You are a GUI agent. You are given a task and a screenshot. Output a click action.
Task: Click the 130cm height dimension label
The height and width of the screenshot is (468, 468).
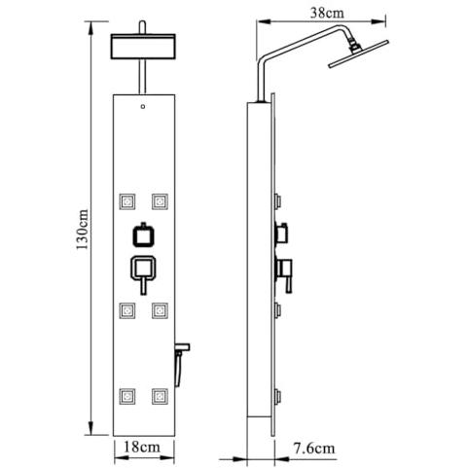click(83, 230)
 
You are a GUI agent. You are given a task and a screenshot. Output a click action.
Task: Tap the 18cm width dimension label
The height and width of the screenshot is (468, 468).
click(142, 448)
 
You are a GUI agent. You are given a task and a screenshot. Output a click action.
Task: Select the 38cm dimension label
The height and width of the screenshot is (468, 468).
click(327, 13)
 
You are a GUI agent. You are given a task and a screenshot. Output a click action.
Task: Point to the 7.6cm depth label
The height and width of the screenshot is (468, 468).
click(314, 449)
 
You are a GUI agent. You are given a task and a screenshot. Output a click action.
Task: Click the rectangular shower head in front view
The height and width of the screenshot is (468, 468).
click(143, 47)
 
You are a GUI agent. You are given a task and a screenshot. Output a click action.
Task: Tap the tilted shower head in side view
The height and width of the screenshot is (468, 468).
click(358, 54)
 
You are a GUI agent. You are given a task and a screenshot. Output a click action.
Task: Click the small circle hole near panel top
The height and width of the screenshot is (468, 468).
click(143, 106)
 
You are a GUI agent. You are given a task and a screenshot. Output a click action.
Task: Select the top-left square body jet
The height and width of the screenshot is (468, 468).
click(127, 201)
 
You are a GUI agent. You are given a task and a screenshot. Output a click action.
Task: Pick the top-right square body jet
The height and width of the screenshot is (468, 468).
click(160, 201)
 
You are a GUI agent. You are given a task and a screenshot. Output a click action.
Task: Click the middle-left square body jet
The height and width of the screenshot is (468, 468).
click(127, 310)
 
